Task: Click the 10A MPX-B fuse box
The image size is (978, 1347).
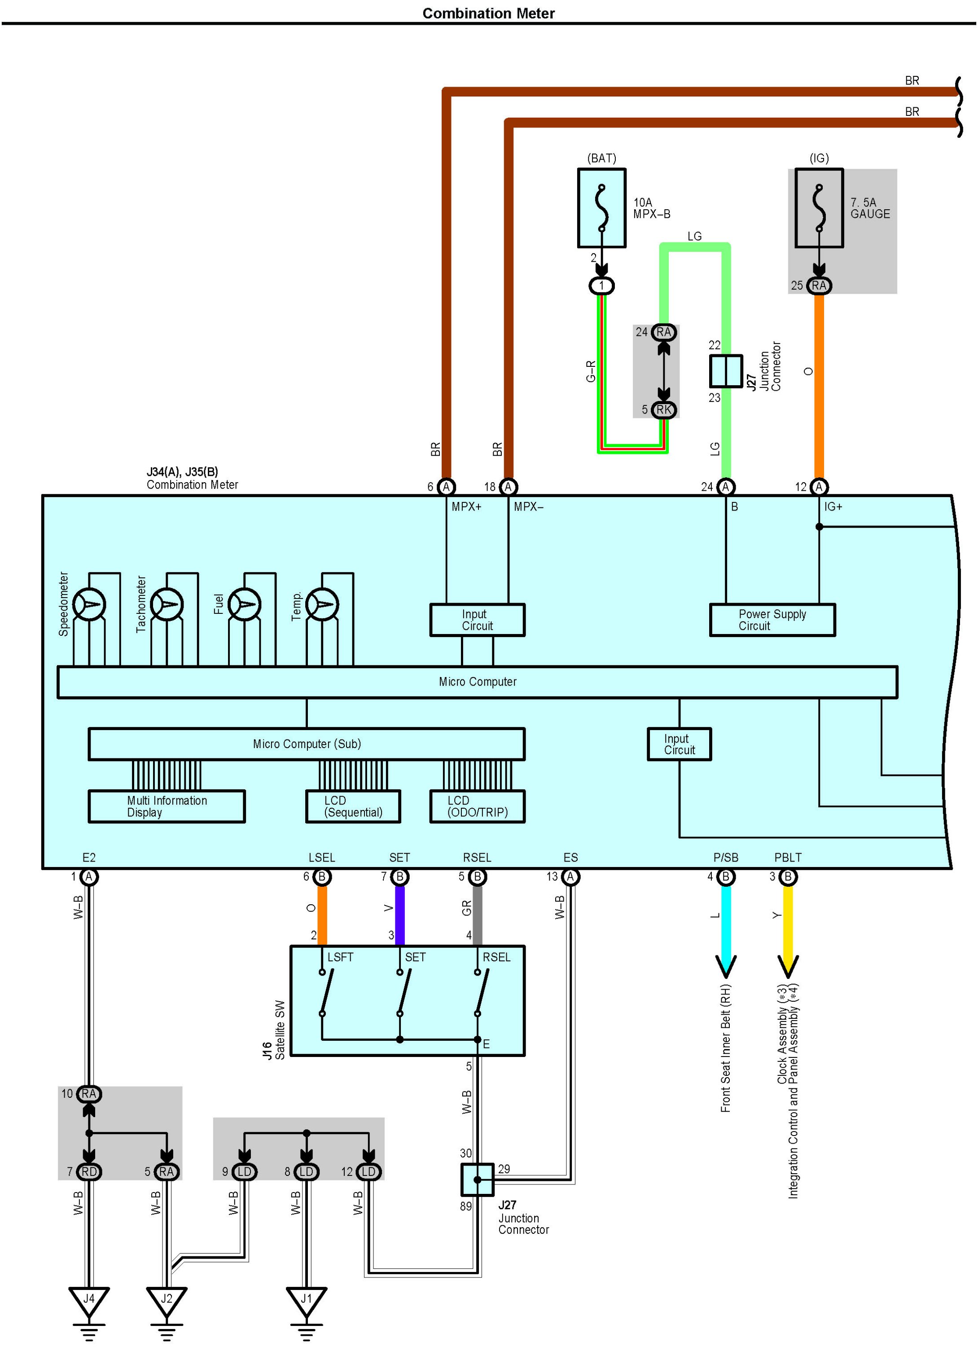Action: click(601, 208)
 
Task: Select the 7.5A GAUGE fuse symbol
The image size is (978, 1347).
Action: click(819, 208)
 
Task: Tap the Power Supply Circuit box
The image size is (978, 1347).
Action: click(772, 620)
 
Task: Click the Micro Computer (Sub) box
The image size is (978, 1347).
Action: click(307, 744)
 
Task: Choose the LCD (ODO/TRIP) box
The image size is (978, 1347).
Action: click(478, 806)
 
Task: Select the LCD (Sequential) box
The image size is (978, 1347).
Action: click(353, 806)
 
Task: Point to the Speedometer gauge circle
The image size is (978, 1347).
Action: click(89, 605)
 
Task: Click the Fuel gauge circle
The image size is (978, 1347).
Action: click(245, 605)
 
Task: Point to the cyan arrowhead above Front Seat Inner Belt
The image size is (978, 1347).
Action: click(726, 966)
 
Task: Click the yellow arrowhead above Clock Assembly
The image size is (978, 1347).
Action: click(788, 966)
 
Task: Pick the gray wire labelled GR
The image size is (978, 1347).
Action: click(478, 915)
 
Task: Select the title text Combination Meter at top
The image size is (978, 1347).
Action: click(488, 13)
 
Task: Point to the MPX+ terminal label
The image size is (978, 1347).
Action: click(467, 506)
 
